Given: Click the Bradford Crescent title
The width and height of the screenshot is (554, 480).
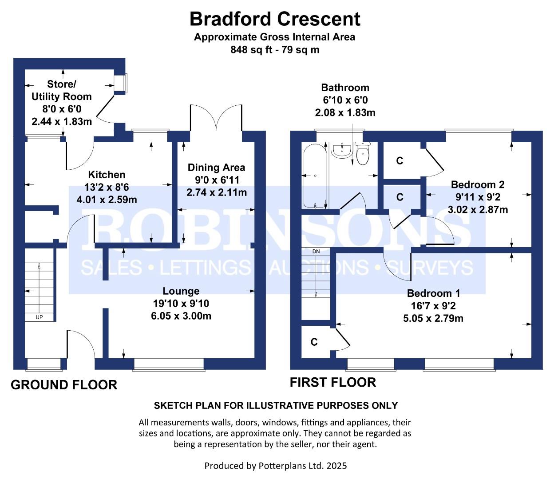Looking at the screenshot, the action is click(x=275, y=19).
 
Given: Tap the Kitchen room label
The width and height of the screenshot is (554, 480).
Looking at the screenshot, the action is click(x=107, y=175).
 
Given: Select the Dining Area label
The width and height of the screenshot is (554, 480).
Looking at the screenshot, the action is click(x=216, y=168).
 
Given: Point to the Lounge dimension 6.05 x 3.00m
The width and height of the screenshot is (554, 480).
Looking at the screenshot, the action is click(x=181, y=316).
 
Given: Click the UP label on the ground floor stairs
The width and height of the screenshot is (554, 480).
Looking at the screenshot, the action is click(x=39, y=317).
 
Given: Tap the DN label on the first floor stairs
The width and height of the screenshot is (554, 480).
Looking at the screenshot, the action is click(x=316, y=252).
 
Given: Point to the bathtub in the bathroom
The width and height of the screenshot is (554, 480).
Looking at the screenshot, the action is click(x=315, y=176).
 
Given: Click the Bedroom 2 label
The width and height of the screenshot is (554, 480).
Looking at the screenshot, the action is click(x=478, y=184).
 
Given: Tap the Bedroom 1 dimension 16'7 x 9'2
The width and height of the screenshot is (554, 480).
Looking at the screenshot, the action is click(x=433, y=306).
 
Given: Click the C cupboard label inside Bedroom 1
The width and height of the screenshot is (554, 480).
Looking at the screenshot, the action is click(x=314, y=342).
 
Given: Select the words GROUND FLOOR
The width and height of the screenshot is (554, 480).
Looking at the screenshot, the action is click(x=64, y=385).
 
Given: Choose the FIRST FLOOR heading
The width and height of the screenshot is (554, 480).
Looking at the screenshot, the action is click(x=333, y=382).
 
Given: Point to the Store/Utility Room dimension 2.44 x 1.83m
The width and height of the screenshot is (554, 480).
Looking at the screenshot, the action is click(x=62, y=121).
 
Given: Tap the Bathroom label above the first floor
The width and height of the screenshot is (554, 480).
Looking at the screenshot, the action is click(x=345, y=88).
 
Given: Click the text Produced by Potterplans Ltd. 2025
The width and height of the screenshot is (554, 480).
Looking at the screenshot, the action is click(x=276, y=465).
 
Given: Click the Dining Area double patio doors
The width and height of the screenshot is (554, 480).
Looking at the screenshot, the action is click(x=216, y=118).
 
